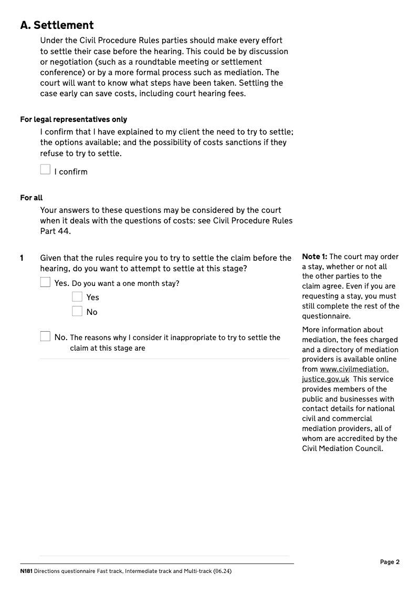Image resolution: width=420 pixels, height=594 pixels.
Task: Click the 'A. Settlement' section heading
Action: point(57,25)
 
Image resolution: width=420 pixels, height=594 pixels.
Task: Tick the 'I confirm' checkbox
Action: point(46,170)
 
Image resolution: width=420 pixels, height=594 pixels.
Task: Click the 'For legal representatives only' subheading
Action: point(73,119)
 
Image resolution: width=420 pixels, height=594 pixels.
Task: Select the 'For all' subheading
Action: point(31,198)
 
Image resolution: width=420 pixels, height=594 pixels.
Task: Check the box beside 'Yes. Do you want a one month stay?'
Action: point(46,282)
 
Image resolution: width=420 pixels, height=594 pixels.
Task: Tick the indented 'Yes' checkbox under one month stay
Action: point(77,296)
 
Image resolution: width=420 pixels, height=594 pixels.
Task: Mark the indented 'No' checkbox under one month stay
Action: point(77,311)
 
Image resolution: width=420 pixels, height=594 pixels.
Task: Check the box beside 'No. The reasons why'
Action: point(46,336)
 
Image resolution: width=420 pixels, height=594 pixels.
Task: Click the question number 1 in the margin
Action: point(22,258)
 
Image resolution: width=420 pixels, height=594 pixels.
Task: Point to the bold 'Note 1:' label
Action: point(314,257)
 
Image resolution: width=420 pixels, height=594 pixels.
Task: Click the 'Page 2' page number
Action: point(390,562)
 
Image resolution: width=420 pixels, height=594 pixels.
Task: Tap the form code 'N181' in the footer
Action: point(26,571)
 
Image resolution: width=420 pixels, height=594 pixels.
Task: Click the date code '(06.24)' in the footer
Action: point(222,571)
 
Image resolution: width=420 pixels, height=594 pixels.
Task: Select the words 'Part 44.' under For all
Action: point(55,231)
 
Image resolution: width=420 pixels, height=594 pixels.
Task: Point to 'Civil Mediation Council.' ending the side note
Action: point(342,448)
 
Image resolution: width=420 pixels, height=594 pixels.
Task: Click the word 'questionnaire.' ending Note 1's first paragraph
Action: point(326,316)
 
